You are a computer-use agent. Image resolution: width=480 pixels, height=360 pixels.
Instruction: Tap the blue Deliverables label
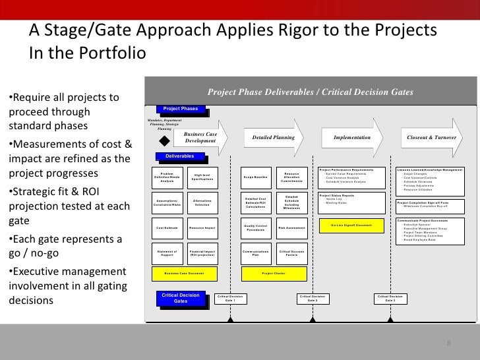pyautogui.click(x=179, y=157)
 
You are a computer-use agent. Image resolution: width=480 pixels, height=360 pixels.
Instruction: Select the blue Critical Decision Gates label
pyautogui.click(x=179, y=298)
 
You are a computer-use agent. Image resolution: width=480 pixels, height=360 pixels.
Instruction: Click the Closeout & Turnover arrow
pyautogui.click(x=435, y=138)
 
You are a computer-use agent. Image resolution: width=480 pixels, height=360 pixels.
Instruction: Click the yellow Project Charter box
pyautogui.click(x=272, y=272)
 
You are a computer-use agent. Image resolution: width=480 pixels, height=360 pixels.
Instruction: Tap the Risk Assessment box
pyautogui.click(x=291, y=227)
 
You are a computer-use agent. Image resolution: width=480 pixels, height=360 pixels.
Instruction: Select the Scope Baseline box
pyautogui.click(x=255, y=177)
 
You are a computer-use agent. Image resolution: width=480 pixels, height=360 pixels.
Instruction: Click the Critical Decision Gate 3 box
pyautogui.click(x=390, y=299)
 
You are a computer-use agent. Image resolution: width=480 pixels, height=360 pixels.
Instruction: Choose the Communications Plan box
pyautogui.click(x=255, y=253)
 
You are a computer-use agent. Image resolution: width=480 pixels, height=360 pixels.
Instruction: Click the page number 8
pyautogui.click(x=448, y=344)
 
